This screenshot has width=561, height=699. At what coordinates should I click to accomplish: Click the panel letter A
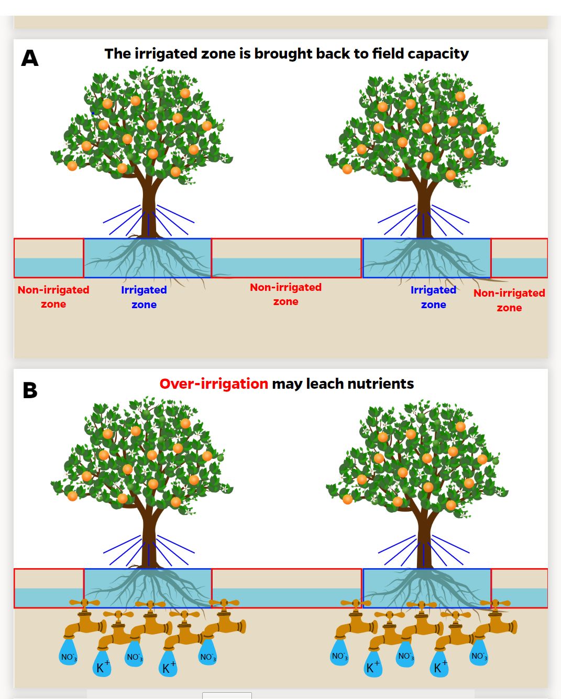pos(30,58)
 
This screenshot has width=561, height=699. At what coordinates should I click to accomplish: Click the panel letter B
pos(30,390)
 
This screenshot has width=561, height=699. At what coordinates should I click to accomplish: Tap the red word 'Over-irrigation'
pos(214,384)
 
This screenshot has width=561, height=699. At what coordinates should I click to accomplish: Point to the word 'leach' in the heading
pos(325,384)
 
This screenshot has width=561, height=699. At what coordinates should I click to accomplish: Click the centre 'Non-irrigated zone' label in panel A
pos(285,294)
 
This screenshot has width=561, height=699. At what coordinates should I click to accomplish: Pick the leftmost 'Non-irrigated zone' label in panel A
pos(53,297)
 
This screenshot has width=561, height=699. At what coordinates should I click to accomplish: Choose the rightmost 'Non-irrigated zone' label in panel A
pos(509,300)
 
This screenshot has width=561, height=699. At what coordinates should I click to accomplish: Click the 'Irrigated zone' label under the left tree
pos(144,297)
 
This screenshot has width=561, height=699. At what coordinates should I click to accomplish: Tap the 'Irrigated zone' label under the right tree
pos(433,297)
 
